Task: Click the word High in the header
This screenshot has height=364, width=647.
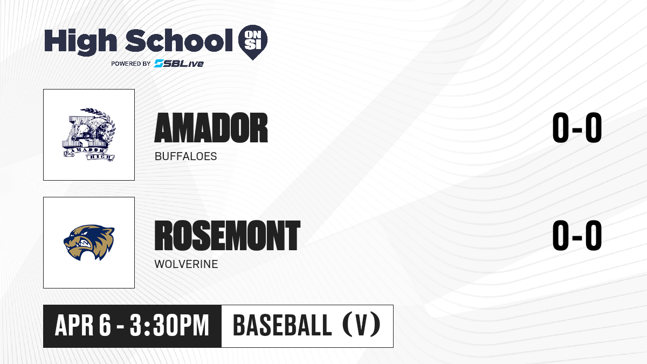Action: pyautogui.click(x=81, y=42)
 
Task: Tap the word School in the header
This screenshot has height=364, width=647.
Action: pyautogui.click(x=179, y=40)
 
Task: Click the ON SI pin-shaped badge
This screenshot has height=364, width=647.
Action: pyautogui.click(x=253, y=42)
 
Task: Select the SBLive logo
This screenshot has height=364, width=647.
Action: pyautogui.click(x=179, y=63)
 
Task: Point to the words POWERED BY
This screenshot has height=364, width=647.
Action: pyautogui.click(x=131, y=64)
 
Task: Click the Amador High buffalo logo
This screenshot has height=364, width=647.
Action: pyautogui.click(x=89, y=135)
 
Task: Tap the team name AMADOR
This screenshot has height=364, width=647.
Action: pyautogui.click(x=211, y=128)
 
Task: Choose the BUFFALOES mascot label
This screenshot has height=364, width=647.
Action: pyautogui.click(x=185, y=156)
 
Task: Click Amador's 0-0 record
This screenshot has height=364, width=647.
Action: pyautogui.click(x=577, y=128)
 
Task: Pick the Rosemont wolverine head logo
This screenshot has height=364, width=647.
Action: pyautogui.click(x=89, y=243)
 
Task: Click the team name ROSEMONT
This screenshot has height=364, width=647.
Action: pyautogui.click(x=228, y=236)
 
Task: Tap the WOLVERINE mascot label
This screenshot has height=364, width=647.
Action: pyautogui.click(x=187, y=264)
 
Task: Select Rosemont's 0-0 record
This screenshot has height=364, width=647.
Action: pyautogui.click(x=577, y=235)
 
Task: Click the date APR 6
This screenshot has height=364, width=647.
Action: pyautogui.click(x=83, y=326)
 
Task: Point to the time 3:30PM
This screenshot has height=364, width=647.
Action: pyautogui.click(x=169, y=326)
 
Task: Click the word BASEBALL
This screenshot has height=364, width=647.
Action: pyautogui.click(x=282, y=326)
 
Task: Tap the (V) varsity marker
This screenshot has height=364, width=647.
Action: pyautogui.click(x=361, y=326)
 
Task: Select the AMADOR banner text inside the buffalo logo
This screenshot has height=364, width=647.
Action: pyautogui.click(x=85, y=150)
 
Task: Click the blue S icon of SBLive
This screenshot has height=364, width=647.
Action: pyautogui.click(x=159, y=63)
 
